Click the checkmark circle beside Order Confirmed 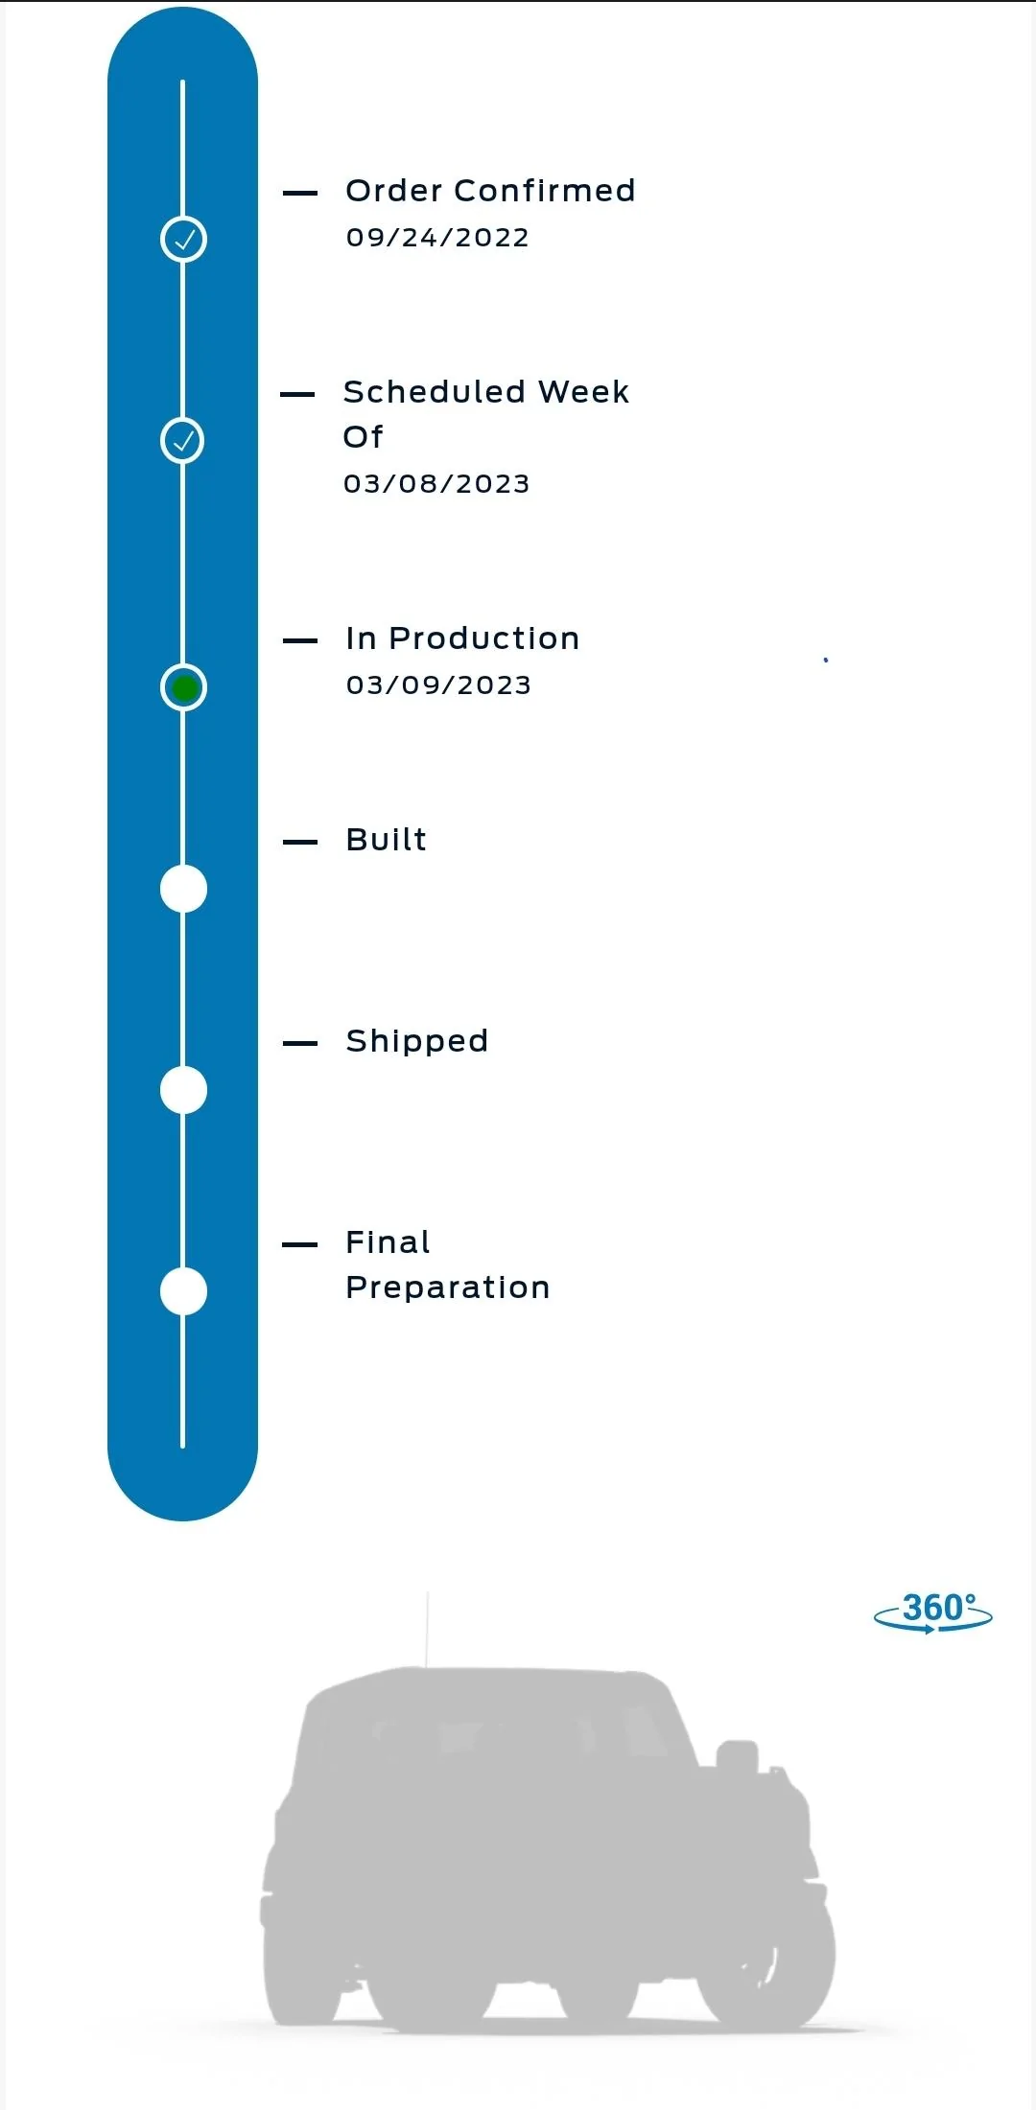coord(183,239)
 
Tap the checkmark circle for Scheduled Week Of coord(182,440)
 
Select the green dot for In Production coord(183,687)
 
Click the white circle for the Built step coord(183,889)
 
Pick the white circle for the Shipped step coord(183,1090)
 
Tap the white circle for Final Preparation coord(183,1291)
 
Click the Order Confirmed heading coord(490,190)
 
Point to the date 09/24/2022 coord(437,237)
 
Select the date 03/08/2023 coord(436,483)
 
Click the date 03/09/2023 coord(438,684)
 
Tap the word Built coord(386,839)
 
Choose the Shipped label coord(417,1041)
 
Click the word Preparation coord(448,1287)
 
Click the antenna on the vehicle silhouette coord(427,1630)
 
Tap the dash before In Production coord(300,640)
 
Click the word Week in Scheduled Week coord(583,391)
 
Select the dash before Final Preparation coord(300,1244)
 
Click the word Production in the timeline coord(484,638)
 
